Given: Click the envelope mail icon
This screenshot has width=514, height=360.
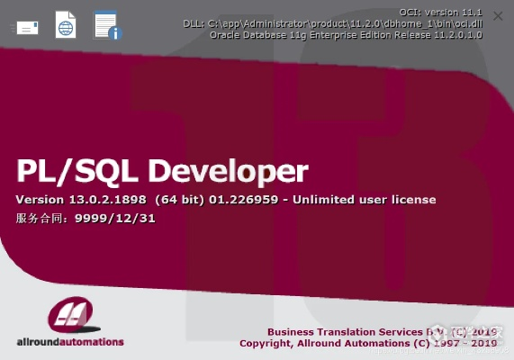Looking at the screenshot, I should [26, 27].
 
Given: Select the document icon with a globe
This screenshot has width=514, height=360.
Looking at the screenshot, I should [66, 25].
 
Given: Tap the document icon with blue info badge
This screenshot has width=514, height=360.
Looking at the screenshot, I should [107, 26].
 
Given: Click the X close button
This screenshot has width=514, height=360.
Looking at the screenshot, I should [498, 16].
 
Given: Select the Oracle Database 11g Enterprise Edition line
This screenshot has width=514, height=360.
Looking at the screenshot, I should [360, 34].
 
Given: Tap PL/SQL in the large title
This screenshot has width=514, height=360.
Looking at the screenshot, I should [77, 170].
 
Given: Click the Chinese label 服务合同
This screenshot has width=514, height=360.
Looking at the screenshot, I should [39, 217].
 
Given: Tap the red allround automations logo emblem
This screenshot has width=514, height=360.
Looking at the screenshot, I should [69, 316].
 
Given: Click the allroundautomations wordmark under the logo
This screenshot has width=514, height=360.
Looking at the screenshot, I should [70, 342].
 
